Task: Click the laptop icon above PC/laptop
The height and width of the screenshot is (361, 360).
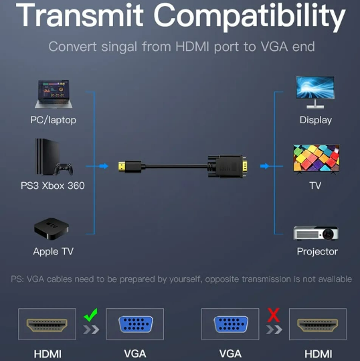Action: [x=54, y=94]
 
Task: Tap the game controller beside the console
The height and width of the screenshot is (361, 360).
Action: [x=64, y=169]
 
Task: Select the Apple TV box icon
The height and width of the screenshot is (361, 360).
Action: [x=52, y=228]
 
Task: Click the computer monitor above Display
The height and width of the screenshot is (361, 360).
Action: [x=315, y=92]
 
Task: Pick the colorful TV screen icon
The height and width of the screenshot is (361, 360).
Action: [x=317, y=159]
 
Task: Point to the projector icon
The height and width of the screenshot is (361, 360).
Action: [x=316, y=233]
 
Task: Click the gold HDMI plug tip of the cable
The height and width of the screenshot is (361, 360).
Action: [x=122, y=167]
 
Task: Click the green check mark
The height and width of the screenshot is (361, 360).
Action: [x=90, y=315]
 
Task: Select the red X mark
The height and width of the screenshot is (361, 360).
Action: [x=274, y=315]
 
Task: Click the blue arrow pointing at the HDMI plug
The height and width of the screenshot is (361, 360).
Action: [x=104, y=166]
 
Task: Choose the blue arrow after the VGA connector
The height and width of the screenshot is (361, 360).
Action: [x=264, y=166]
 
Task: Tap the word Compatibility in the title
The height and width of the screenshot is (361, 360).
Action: [x=250, y=16]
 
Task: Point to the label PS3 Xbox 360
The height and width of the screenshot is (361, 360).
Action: [x=53, y=186]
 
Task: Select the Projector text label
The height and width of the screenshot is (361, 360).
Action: [x=317, y=251]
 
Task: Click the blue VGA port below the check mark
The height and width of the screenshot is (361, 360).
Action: [x=135, y=324]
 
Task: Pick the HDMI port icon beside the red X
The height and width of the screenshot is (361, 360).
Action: [x=318, y=325]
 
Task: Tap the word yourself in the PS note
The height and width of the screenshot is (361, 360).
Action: [x=185, y=279]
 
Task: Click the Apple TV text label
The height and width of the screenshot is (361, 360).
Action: [x=54, y=251]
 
